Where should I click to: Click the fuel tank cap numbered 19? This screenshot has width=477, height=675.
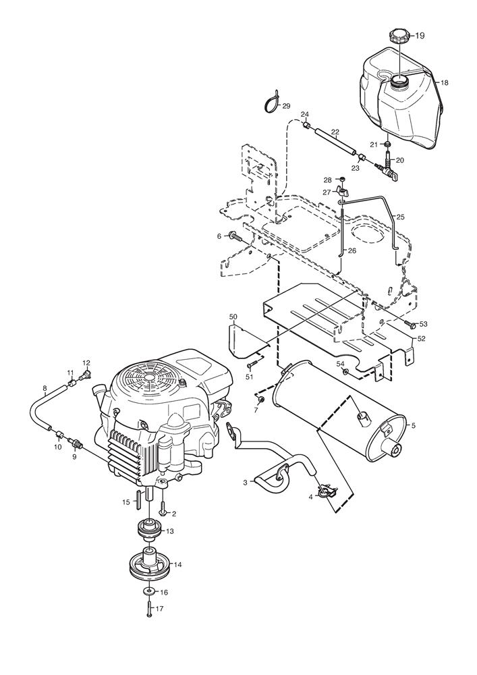click(400, 35)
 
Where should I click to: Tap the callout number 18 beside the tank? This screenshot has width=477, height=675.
click(445, 82)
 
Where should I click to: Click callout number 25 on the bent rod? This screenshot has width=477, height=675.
click(401, 217)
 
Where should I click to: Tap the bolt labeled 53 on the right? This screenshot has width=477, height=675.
click(410, 323)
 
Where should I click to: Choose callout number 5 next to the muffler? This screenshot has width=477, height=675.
click(414, 425)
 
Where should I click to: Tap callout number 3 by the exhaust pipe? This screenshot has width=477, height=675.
click(246, 483)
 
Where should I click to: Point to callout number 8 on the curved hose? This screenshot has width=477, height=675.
click(45, 389)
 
